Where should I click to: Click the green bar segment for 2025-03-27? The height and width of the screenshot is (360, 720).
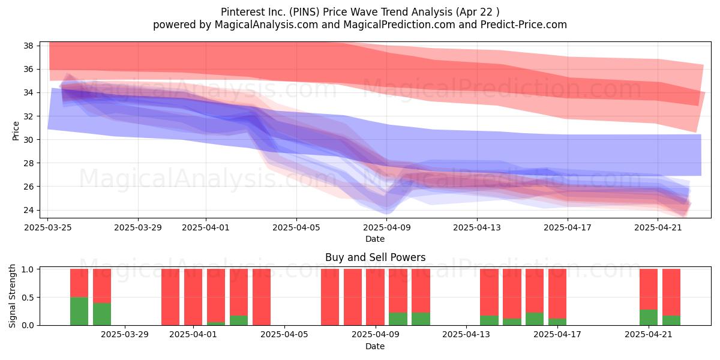pyautogui.click(x=79, y=311)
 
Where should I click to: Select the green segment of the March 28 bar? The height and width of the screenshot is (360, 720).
pyautogui.click(x=102, y=314)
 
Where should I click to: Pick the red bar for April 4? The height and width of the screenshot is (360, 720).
pyautogui.click(x=262, y=297)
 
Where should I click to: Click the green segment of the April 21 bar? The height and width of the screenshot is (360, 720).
pyautogui.click(x=649, y=317)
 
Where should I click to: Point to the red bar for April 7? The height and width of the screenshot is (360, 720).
pyautogui.click(x=330, y=297)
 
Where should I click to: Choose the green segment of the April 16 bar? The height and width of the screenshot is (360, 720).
pyautogui.click(x=535, y=319)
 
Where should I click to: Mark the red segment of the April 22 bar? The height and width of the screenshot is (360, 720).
pyautogui.click(x=671, y=292)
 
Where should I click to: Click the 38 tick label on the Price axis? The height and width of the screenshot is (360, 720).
pyautogui.click(x=28, y=46)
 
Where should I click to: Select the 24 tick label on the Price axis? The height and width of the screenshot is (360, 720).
pyautogui.click(x=28, y=210)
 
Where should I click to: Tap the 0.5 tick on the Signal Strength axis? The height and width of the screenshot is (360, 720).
pyautogui.click(x=28, y=298)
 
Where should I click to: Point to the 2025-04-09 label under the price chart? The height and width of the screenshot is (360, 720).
pyautogui.click(x=386, y=227)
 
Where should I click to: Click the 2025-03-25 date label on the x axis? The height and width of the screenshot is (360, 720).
pyautogui.click(x=48, y=227)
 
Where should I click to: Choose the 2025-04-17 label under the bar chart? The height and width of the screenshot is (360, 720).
pyautogui.click(x=557, y=335)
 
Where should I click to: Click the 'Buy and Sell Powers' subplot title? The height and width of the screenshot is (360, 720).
pyautogui.click(x=375, y=257)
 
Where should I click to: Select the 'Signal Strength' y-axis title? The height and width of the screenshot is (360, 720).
pyautogui.click(x=12, y=296)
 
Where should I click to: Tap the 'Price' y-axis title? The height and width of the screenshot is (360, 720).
pyautogui.click(x=16, y=131)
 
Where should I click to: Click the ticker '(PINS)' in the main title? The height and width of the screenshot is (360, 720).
pyautogui.click(x=304, y=12)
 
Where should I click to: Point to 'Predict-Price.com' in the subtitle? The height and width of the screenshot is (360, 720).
pyautogui.click(x=524, y=25)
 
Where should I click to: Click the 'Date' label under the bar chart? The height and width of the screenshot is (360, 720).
pyautogui.click(x=375, y=346)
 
